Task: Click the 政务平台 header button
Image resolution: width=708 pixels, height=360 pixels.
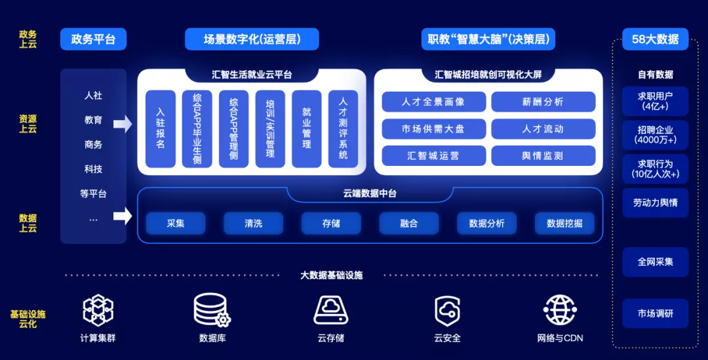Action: pyautogui.click(x=93, y=39)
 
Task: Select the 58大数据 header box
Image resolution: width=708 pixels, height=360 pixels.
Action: pyautogui.click(x=655, y=39)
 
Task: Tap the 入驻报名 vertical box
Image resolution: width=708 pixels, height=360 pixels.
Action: pyautogui.click(x=161, y=129)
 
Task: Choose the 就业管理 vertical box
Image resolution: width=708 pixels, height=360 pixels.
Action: pyautogui.click(x=307, y=129)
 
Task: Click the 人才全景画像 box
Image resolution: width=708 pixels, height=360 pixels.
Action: pyautogui.click(x=433, y=102)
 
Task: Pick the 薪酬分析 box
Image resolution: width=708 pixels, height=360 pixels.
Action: pyautogui.click(x=543, y=102)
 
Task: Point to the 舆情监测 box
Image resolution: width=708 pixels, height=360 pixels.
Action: pyautogui.click(x=543, y=155)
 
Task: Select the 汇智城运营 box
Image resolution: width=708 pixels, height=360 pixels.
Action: pyautogui.click(x=433, y=155)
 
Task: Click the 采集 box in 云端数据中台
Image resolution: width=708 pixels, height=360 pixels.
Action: pyautogui.click(x=176, y=224)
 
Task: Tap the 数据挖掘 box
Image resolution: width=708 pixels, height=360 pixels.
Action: pyautogui.click(x=564, y=224)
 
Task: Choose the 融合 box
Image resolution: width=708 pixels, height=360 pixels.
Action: pyautogui.click(x=408, y=224)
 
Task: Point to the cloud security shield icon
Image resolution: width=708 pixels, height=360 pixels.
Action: pyautogui.click(x=447, y=310)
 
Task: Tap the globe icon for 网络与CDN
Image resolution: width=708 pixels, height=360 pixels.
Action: pyautogui.click(x=560, y=310)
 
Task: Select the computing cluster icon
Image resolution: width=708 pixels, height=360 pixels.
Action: pyautogui.click(x=98, y=310)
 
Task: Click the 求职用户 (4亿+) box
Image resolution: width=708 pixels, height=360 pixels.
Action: pyautogui.click(x=655, y=101)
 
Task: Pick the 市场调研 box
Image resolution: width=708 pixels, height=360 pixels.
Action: pyautogui.click(x=655, y=313)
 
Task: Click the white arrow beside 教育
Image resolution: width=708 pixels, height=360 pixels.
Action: pyautogui.click(x=123, y=123)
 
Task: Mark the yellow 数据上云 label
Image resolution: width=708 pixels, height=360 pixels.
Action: pyautogui.click(x=28, y=223)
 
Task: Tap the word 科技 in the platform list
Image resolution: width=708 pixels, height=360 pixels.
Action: pyautogui.click(x=93, y=169)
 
